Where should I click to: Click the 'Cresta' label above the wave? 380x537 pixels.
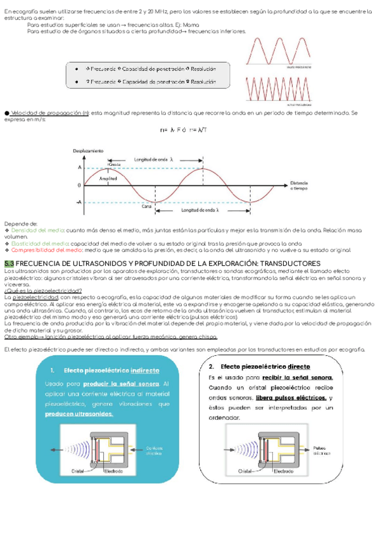pyautogui.click(x=114, y=164)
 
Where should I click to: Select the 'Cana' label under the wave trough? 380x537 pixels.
pyautogui.click(x=146, y=206)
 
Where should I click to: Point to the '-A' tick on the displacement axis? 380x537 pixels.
pyautogui.click(x=79, y=202)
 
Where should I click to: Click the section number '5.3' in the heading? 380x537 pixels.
pyautogui.click(x=9, y=262)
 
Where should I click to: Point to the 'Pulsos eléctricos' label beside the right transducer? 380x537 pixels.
pyautogui.click(x=322, y=450)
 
